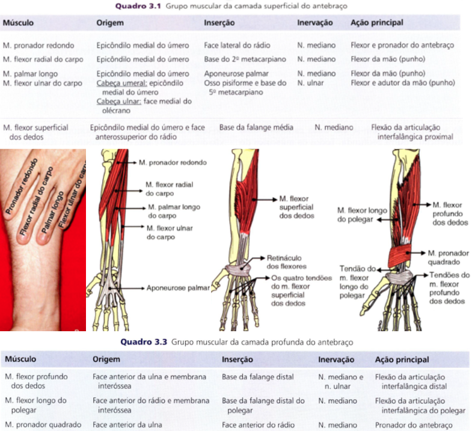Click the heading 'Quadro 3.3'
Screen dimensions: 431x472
tap(144, 342)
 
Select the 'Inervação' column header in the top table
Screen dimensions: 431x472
tap(314, 23)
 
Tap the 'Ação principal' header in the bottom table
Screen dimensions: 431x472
tap(402, 359)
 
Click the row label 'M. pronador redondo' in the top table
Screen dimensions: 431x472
tap(38, 45)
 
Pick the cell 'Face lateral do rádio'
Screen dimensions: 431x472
tap(236, 45)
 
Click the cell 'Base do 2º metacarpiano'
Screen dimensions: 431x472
tap(245, 60)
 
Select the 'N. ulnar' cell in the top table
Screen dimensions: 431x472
tap(310, 83)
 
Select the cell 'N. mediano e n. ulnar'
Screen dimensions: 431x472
tap(340, 382)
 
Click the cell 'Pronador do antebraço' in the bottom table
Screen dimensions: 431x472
tap(413, 424)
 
